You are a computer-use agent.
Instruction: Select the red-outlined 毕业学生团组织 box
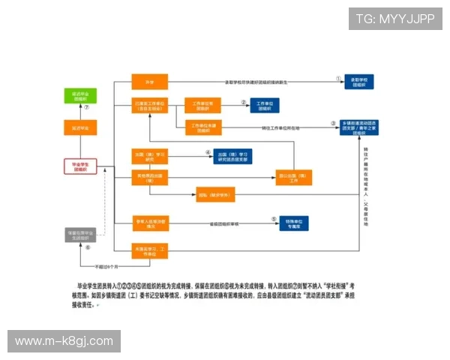click(80, 166)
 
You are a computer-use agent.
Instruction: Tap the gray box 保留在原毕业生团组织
click(80, 235)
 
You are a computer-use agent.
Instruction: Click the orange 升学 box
click(149, 82)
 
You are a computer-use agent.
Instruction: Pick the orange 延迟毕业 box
click(80, 128)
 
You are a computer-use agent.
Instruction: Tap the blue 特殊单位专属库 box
click(298, 223)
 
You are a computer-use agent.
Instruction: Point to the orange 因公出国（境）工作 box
click(294, 178)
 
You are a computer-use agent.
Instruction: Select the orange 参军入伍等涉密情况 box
click(150, 223)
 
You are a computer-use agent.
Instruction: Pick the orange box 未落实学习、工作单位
click(150, 250)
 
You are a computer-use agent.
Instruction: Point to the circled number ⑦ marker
click(87, 107)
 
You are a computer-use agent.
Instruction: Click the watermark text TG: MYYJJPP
click(394, 18)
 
